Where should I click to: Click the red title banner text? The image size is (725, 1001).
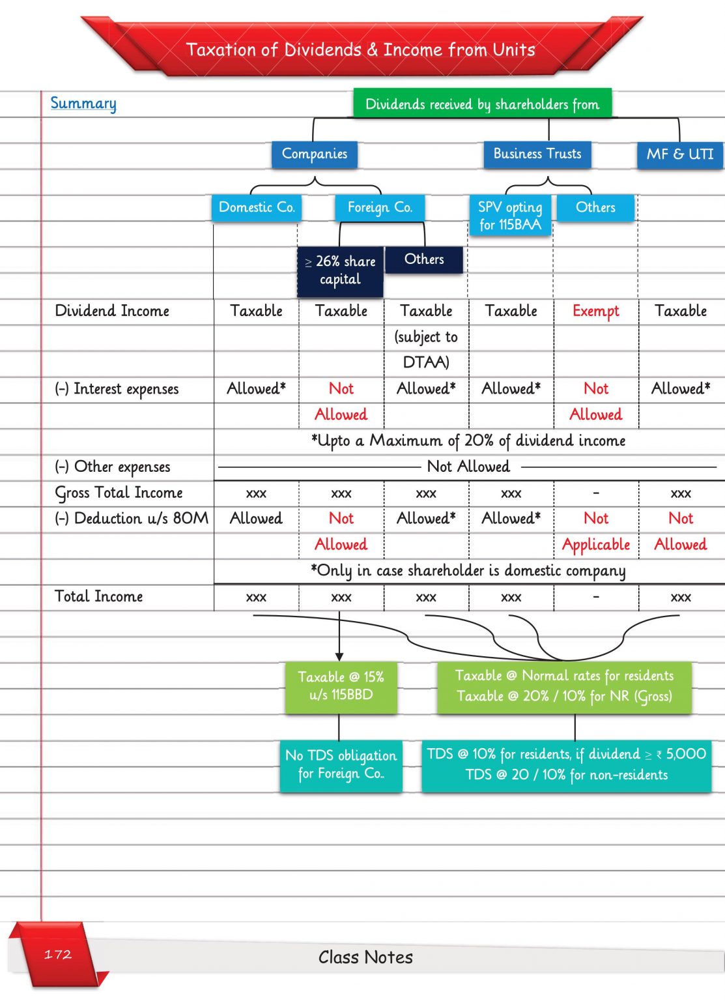[361, 50]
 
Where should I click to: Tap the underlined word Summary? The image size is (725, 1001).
[83, 104]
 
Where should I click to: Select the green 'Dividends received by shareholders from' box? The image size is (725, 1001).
[482, 104]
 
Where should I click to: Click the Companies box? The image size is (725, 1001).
[315, 154]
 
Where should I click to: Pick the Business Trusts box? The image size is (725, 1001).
[537, 154]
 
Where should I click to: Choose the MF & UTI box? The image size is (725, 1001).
[679, 155]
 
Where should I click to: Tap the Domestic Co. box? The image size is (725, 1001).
[257, 208]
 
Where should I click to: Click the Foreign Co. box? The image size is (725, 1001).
[380, 208]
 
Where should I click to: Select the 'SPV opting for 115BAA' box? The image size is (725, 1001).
[510, 216]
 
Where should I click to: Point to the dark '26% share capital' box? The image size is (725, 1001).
[340, 270]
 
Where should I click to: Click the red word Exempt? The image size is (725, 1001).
[595, 312]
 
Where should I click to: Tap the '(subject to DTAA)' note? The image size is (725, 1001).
[426, 349]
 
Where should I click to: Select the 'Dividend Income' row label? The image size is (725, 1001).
[112, 311]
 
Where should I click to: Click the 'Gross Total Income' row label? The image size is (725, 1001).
[119, 493]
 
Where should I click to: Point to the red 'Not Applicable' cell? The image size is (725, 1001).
[596, 532]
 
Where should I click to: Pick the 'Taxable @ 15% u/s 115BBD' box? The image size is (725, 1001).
[341, 686]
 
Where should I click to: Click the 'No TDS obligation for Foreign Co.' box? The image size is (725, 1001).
[341, 765]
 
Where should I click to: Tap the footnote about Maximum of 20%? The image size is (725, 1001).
[468, 441]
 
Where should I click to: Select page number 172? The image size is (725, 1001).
[57, 955]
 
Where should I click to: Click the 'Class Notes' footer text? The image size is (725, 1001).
[365, 957]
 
